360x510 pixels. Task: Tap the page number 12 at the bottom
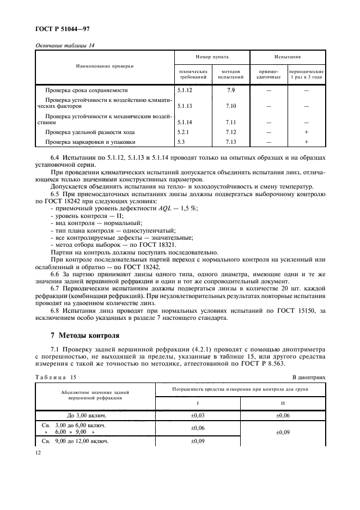39,452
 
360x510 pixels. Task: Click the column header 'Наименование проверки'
105,65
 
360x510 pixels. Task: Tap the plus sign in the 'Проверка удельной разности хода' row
306,132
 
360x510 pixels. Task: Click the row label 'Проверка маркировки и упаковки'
90,142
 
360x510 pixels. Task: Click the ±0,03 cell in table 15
198,415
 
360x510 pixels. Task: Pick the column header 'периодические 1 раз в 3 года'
306,75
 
